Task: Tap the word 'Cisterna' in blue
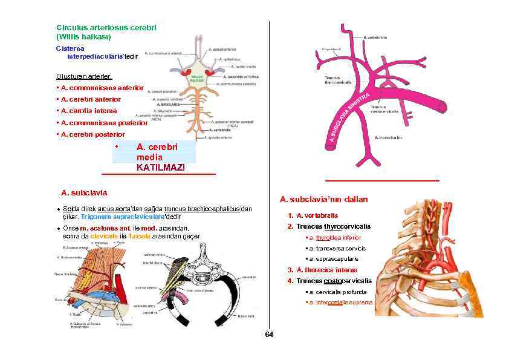[70, 47]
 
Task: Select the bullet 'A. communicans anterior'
[101, 88]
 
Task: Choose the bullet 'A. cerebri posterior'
[92, 134]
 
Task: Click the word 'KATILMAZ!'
[160, 167]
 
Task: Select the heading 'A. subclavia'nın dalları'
[324, 200]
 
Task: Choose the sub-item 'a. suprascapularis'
[336, 258]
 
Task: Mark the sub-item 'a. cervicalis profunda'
[339, 292]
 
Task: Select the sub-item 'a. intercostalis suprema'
[340, 302]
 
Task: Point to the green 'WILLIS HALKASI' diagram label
[198, 79]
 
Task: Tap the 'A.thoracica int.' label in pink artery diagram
[389, 137]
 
